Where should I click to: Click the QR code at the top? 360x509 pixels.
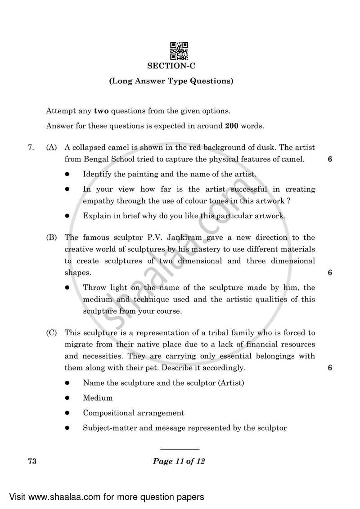179,50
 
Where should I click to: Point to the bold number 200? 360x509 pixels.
231,126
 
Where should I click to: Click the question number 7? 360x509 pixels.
31,147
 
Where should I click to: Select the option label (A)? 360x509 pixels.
51,147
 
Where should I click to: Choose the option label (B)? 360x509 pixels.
51,237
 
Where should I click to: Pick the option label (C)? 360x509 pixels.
51,333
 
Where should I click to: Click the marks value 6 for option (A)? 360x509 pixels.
330,159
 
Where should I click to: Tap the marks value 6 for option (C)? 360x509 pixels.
330,368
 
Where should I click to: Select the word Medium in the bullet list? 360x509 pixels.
98,398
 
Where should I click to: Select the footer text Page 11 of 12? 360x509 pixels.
179,461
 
